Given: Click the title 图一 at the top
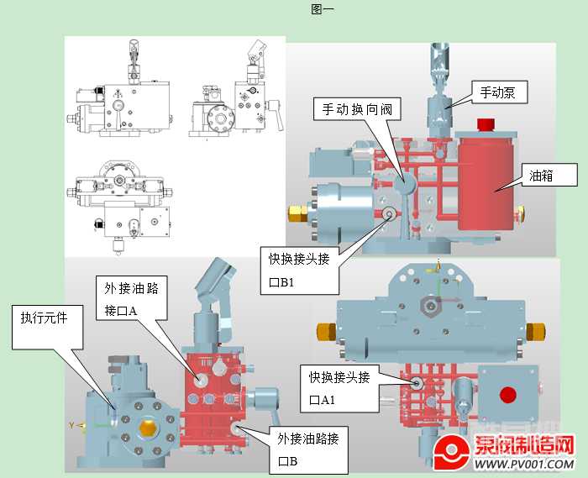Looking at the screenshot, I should [323, 9].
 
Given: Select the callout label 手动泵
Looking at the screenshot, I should [497, 92].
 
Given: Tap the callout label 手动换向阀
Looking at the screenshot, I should [356, 109].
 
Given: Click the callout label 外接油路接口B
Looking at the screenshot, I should [308, 449].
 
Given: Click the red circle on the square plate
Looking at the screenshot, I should [507, 394].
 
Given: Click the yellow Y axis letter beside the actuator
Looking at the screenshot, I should [72, 425].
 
